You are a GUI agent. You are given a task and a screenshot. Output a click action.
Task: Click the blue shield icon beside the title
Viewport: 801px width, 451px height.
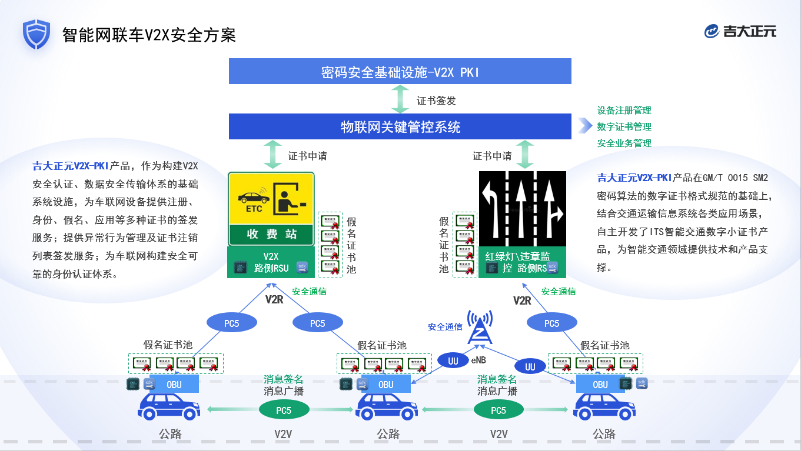[x=36, y=34]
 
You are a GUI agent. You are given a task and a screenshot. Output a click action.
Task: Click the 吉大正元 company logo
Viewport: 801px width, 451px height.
[x=740, y=31]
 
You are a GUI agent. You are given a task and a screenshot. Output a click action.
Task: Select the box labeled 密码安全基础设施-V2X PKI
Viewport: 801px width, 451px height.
[x=400, y=72]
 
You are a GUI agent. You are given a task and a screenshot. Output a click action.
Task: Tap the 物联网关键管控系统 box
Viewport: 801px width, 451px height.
[x=400, y=126]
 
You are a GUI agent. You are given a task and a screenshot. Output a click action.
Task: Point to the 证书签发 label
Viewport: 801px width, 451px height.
[x=436, y=101]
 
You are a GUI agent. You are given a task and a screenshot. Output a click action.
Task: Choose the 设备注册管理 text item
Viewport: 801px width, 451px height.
[x=624, y=111]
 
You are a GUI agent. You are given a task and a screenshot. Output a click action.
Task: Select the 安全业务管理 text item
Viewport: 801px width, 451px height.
[x=624, y=143]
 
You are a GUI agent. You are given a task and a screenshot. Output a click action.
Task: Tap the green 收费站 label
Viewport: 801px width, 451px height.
[x=271, y=234]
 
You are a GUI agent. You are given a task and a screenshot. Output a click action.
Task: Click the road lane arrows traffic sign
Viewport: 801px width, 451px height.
[x=522, y=208]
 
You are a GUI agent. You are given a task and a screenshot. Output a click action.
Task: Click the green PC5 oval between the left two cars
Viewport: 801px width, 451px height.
[x=284, y=410]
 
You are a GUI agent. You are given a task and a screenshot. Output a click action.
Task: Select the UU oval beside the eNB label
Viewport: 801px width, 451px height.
[x=453, y=360]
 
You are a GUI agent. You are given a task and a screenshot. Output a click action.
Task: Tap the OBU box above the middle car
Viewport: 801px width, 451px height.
[x=385, y=385]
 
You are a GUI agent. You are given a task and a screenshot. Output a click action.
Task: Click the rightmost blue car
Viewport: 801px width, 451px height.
[x=604, y=407]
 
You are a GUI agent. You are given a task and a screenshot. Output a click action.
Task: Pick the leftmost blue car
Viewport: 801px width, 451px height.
[x=169, y=407]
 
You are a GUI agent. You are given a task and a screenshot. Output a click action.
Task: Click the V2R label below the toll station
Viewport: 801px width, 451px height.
[x=274, y=300]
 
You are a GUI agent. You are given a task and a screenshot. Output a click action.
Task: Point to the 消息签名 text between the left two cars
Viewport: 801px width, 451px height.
[x=283, y=379]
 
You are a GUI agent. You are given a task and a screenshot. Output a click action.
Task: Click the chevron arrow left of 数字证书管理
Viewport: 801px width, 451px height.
[x=584, y=126]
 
